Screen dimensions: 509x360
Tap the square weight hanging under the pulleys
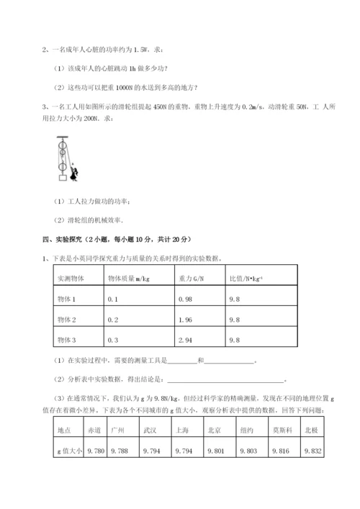point(63,178)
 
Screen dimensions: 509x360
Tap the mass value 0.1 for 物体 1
point(112,299)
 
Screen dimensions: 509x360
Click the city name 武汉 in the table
point(150,430)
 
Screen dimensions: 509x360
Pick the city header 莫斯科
point(281,430)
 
